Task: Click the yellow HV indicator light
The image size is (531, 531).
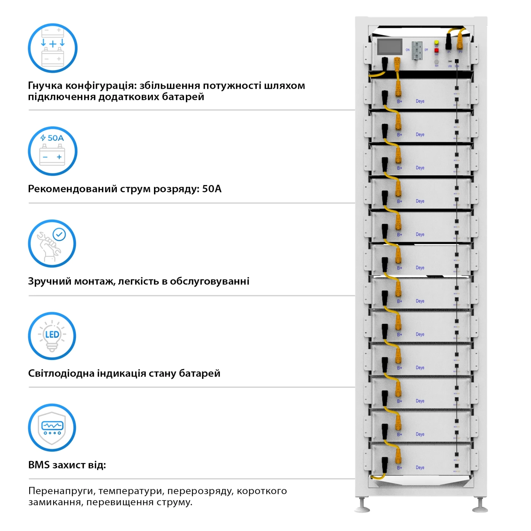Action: click(x=437, y=42)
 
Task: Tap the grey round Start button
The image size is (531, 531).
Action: click(x=437, y=61)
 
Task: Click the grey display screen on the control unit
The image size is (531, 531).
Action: click(x=390, y=47)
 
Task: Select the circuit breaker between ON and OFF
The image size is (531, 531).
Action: click(x=417, y=50)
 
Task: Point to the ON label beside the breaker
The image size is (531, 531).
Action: click(x=408, y=50)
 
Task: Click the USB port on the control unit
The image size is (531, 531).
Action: click(x=450, y=61)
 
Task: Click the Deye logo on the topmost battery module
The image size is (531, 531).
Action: click(x=420, y=101)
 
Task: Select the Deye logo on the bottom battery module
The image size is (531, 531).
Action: click(x=420, y=468)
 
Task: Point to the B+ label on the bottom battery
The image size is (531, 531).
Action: click(x=399, y=468)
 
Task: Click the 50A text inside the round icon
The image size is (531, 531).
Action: click(x=55, y=138)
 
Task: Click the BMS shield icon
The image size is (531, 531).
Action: click(x=52, y=428)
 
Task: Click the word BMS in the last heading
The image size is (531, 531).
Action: click(x=39, y=465)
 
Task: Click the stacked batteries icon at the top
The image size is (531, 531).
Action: click(x=53, y=48)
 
